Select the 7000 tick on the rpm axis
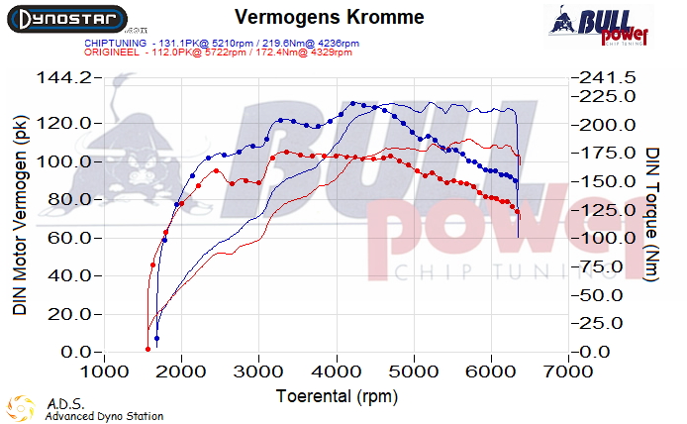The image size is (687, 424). [x=567, y=371]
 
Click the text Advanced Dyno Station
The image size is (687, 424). [x=104, y=416]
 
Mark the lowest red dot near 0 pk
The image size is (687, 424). [x=147, y=349]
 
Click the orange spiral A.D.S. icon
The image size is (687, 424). [x=21, y=406]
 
